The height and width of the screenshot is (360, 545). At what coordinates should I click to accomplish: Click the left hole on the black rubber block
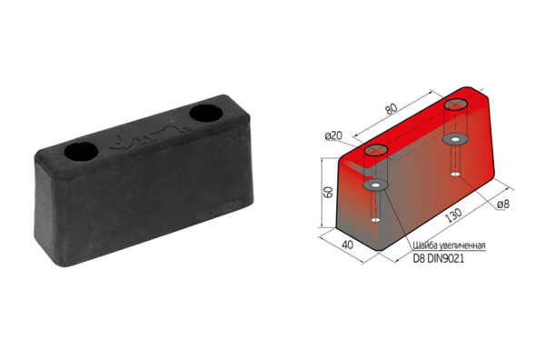click(81, 152)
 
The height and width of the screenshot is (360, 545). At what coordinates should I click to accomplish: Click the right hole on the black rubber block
click(206, 113)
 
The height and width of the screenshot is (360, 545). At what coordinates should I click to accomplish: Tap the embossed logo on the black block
click(151, 137)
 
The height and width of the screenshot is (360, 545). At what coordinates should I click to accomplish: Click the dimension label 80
click(391, 109)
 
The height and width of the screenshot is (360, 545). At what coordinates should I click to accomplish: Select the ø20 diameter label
click(333, 135)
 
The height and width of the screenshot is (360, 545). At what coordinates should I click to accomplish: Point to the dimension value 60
click(328, 193)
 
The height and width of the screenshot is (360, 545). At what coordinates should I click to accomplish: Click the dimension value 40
click(348, 245)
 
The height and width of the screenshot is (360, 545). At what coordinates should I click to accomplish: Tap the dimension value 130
click(454, 215)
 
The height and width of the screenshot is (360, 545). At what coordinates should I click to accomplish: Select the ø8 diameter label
click(503, 205)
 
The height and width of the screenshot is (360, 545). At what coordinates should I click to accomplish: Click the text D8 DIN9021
click(439, 258)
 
